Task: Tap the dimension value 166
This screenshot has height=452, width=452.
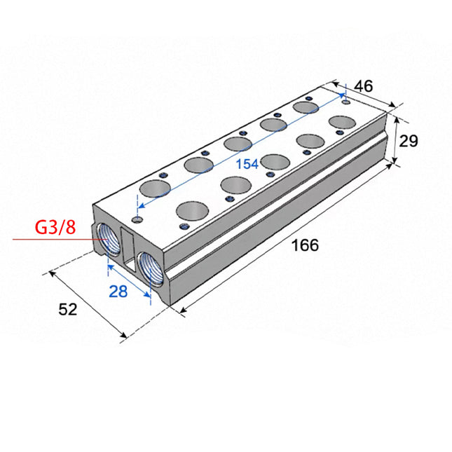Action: point(304,245)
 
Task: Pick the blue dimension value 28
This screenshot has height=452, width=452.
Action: point(118,292)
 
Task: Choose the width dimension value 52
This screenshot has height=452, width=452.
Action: point(67,309)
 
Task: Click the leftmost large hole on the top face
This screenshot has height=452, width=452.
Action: point(154,189)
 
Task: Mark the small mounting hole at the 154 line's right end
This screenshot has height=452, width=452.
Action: point(345,101)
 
